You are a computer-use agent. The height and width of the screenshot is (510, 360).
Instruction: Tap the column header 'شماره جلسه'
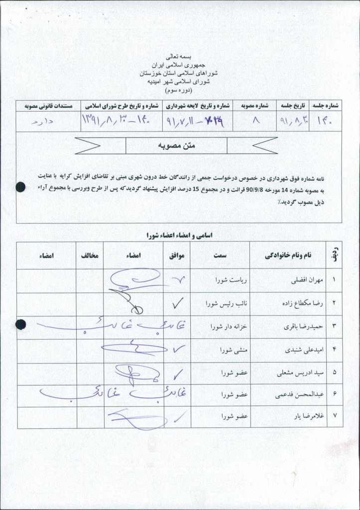tap(326, 106)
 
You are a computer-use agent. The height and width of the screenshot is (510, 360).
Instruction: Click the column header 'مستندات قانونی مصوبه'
tap(45, 106)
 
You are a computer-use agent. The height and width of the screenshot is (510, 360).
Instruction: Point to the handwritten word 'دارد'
tap(44, 121)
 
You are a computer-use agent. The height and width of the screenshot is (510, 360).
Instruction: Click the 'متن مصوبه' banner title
tap(176, 145)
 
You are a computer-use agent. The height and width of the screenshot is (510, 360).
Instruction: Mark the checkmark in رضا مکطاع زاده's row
tap(177, 302)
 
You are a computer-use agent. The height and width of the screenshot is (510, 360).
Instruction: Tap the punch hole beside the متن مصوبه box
tap(20, 187)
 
